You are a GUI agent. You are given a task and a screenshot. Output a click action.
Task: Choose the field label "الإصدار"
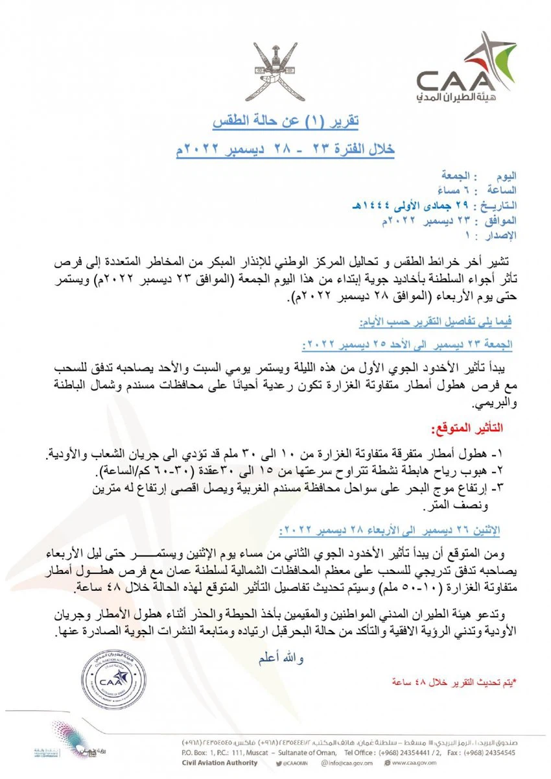click(497, 234)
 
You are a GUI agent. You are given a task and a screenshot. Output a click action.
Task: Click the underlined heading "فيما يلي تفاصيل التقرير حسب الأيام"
click(436, 322)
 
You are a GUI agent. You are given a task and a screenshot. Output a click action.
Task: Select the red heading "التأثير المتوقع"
click(466, 429)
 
